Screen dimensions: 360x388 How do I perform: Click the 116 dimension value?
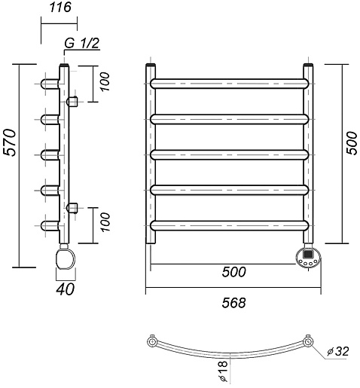(60, 8)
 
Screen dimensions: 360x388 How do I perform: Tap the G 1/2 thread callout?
(82, 43)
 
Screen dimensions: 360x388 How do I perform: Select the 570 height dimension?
(11, 142)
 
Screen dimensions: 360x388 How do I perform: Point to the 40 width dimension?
(65, 289)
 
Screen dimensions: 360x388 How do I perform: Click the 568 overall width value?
(233, 303)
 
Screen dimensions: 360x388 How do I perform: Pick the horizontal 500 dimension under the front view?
(233, 272)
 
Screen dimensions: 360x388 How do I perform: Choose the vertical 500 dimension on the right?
(351, 143)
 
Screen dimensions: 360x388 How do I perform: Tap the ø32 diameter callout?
(338, 351)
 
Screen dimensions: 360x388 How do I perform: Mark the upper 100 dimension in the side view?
(105, 82)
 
